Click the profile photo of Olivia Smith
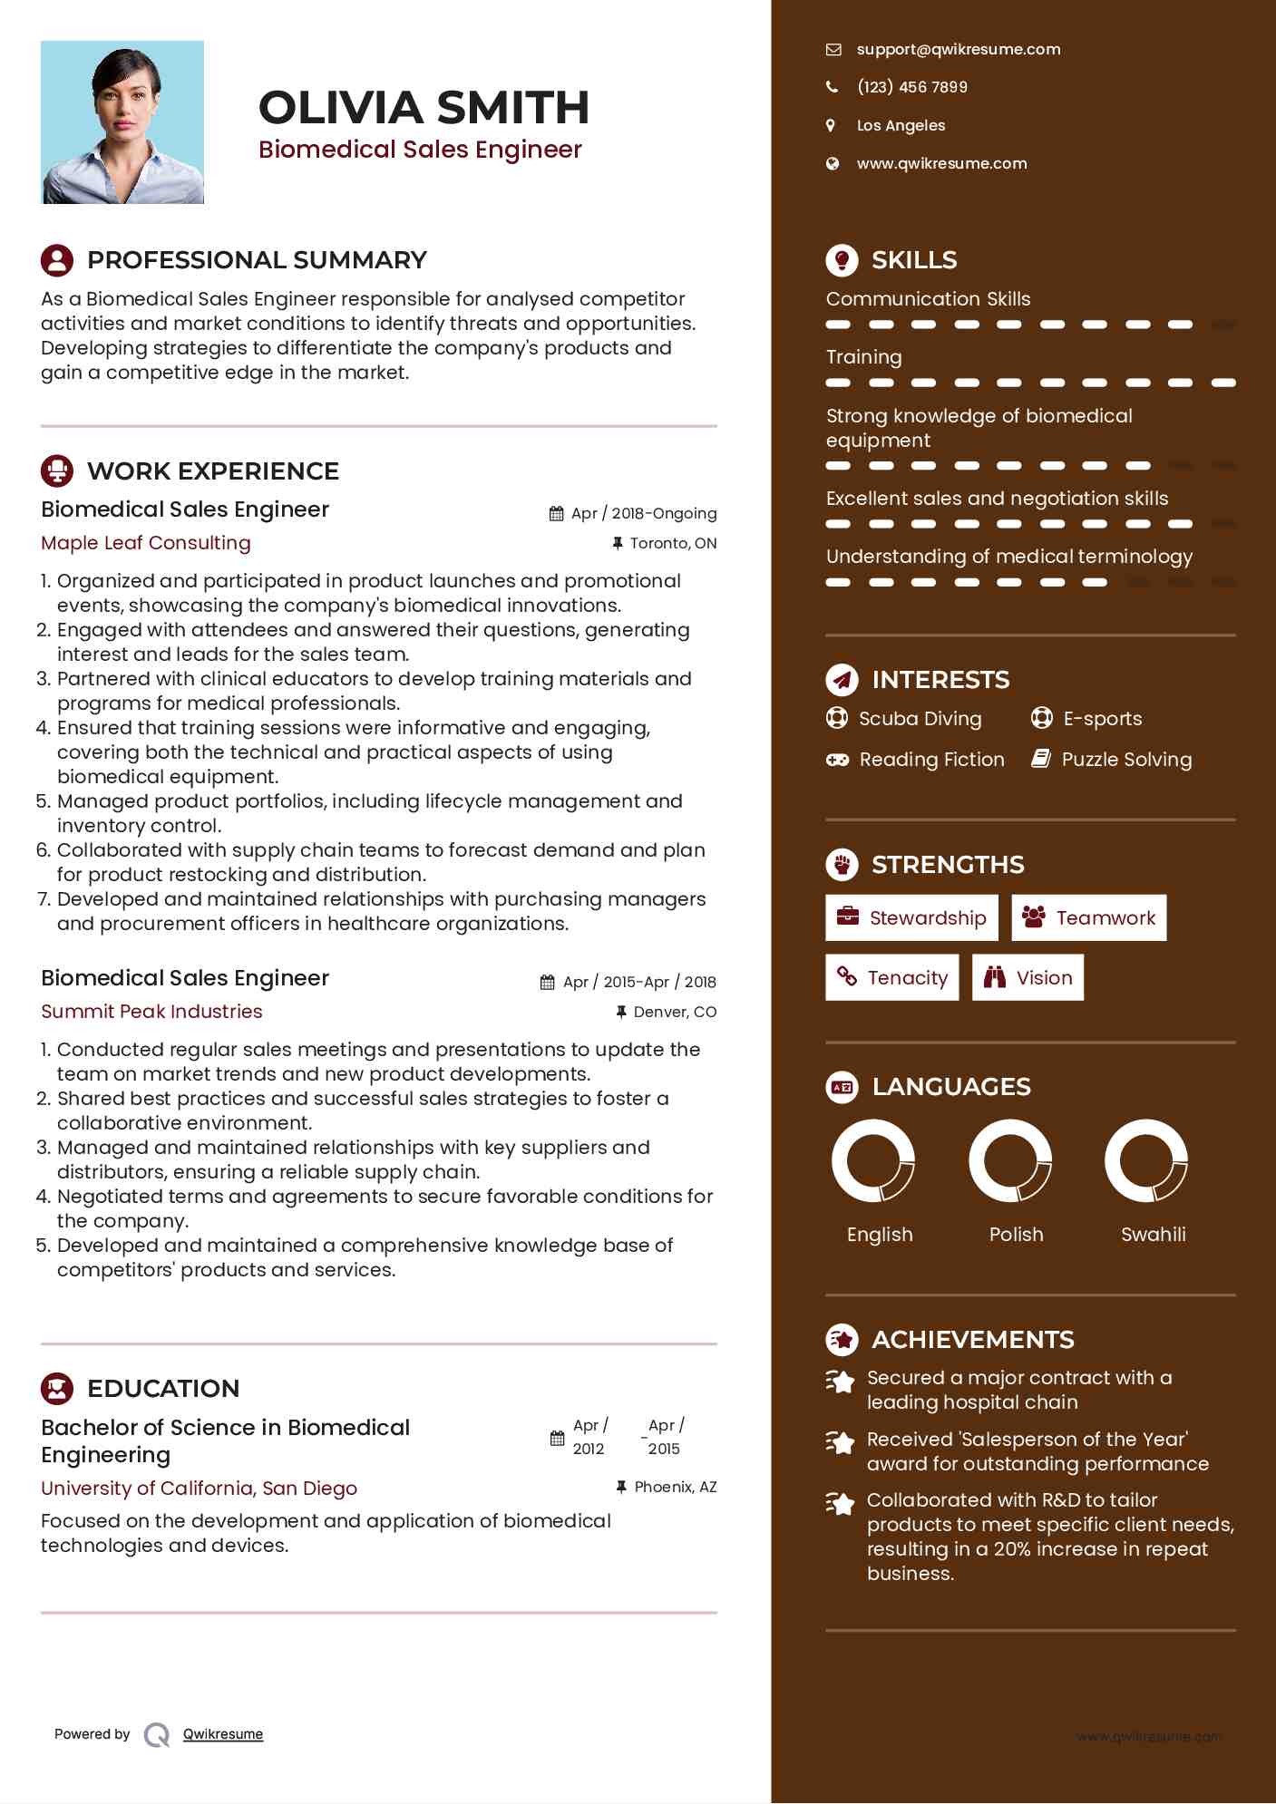click(122, 122)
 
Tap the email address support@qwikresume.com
click(958, 50)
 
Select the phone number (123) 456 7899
click(911, 87)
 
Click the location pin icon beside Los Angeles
click(831, 125)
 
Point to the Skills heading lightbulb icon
click(842, 260)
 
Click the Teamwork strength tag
click(1088, 918)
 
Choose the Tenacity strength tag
click(891, 977)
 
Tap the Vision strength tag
click(1028, 977)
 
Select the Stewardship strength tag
click(911, 918)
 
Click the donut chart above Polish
click(1010, 1160)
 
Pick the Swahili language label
click(1153, 1235)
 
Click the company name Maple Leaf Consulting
click(146, 543)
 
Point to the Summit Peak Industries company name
click(151, 1012)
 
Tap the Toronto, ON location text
click(673, 544)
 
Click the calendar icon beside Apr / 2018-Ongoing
click(557, 514)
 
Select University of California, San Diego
click(199, 1489)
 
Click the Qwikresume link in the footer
click(223, 1734)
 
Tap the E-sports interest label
click(1102, 719)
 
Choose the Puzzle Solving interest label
click(1126, 760)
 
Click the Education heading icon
click(57, 1389)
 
